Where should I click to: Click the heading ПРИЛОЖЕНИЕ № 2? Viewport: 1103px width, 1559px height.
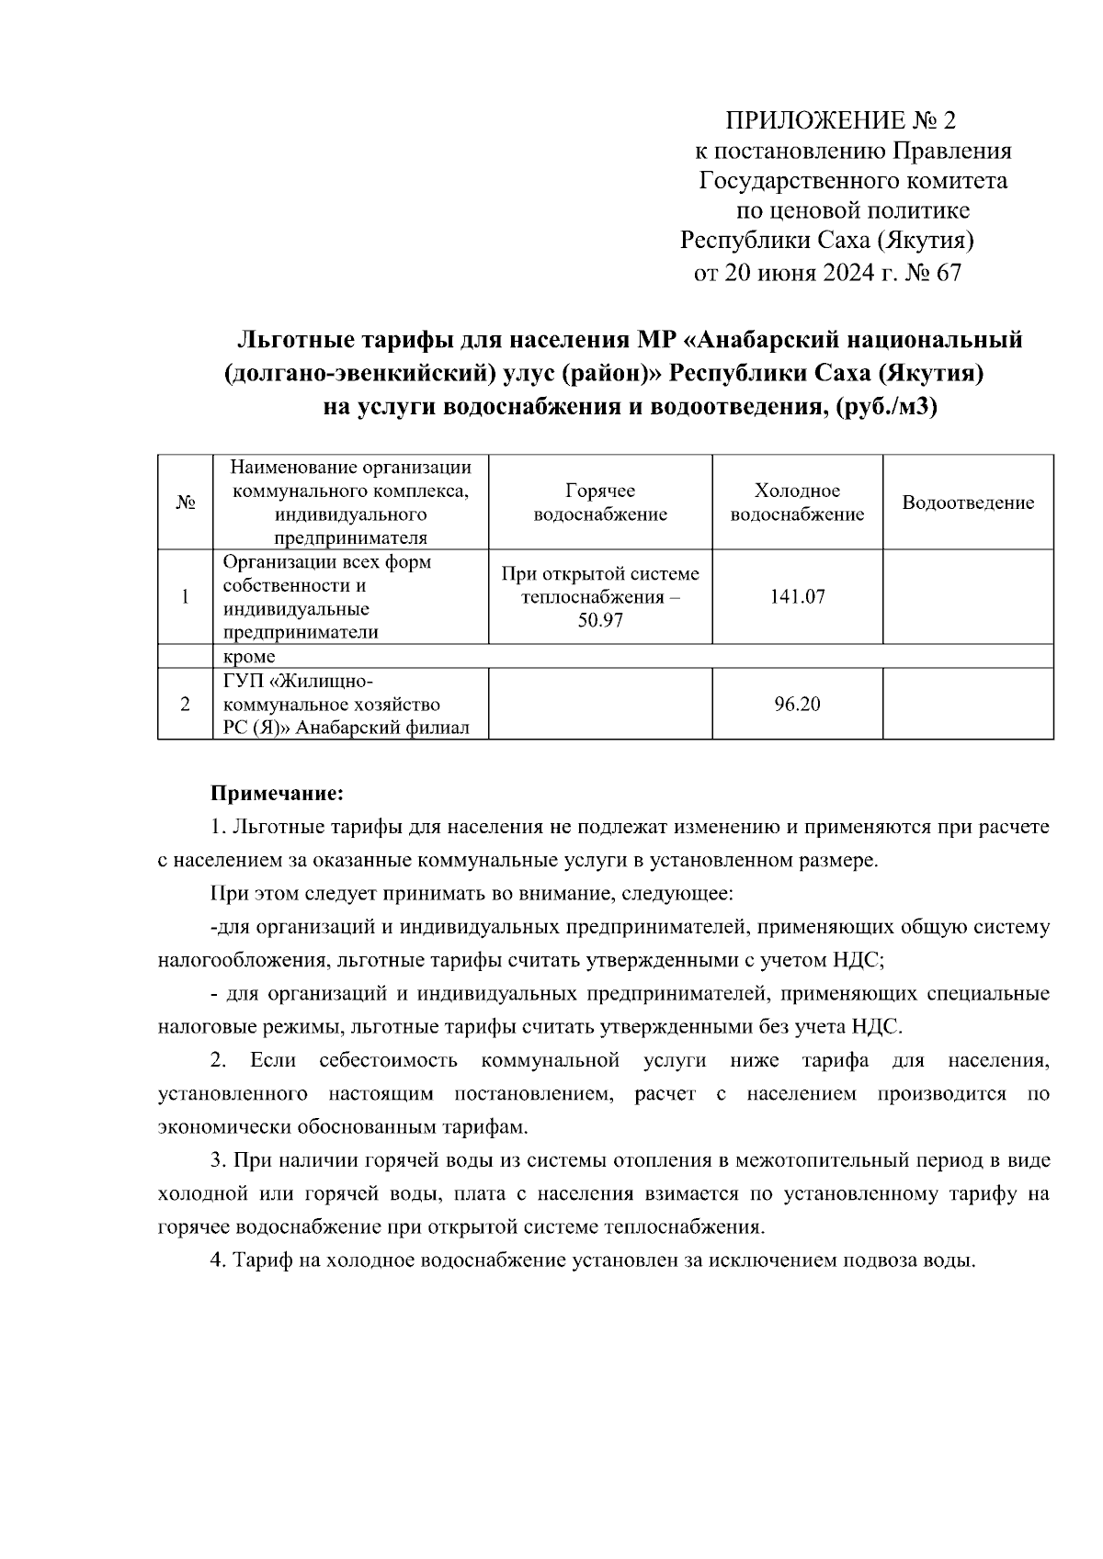pyautogui.click(x=841, y=121)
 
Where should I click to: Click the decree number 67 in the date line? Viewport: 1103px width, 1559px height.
pyautogui.click(x=947, y=273)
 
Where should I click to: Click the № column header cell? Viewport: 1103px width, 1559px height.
pyautogui.click(x=185, y=503)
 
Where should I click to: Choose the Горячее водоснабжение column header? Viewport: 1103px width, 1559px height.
pyautogui.click(x=600, y=503)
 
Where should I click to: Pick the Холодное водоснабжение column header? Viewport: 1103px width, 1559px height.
pyautogui.click(x=797, y=503)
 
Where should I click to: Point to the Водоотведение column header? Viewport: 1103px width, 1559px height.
pyautogui.click(x=968, y=503)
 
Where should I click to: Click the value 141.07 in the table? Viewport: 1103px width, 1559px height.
pyautogui.click(x=797, y=597)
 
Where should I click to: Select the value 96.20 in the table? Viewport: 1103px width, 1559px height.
pyautogui.click(x=797, y=705)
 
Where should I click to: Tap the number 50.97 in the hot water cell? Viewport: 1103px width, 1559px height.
pyautogui.click(x=600, y=621)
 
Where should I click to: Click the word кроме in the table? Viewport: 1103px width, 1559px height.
pyautogui.click(x=249, y=657)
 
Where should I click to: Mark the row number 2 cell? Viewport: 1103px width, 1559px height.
pyautogui.click(x=185, y=705)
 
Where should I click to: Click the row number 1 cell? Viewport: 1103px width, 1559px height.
pyautogui.click(x=185, y=597)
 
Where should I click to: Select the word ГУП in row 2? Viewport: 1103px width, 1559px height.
pyautogui.click(x=242, y=681)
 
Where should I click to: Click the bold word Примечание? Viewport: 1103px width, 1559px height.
pyautogui.click(x=277, y=792)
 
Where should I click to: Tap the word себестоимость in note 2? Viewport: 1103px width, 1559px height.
pyautogui.click(x=388, y=1061)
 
